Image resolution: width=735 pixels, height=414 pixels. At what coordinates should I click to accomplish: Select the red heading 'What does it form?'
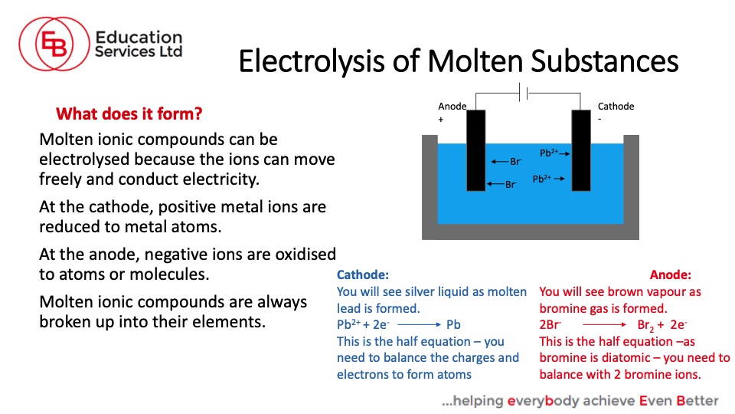tap(129, 113)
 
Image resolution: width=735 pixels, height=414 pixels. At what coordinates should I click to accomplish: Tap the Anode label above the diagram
tap(452, 106)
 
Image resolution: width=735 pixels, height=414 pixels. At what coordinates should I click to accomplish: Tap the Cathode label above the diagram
tap(616, 106)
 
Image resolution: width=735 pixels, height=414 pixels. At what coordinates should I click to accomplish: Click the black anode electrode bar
tap(475, 150)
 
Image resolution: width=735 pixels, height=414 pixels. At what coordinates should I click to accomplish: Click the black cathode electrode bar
tap(581, 150)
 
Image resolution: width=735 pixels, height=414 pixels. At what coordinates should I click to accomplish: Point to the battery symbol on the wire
tap(524, 93)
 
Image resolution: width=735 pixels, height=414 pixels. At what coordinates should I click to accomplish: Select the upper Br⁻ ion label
tap(515, 162)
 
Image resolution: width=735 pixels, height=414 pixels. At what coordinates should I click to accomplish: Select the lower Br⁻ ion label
tap(511, 185)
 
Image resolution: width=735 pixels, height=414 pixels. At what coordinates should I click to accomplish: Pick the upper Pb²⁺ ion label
tap(548, 153)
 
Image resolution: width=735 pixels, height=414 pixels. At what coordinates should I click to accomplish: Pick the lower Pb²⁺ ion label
tap(541, 179)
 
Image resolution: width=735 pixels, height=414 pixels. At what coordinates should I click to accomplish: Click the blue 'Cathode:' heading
tap(363, 274)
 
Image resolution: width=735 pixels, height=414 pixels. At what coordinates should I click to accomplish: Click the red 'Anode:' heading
tap(671, 274)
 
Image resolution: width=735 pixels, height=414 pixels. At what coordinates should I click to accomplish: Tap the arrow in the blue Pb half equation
tap(419, 324)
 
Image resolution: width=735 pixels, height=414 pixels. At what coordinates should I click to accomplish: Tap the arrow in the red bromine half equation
tap(604, 324)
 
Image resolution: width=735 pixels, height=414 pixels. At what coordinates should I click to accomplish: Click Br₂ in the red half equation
tap(645, 325)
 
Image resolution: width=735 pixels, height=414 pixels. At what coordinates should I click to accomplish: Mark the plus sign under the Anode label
tap(441, 120)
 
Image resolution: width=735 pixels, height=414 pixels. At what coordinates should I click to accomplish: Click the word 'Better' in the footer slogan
tap(697, 400)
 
